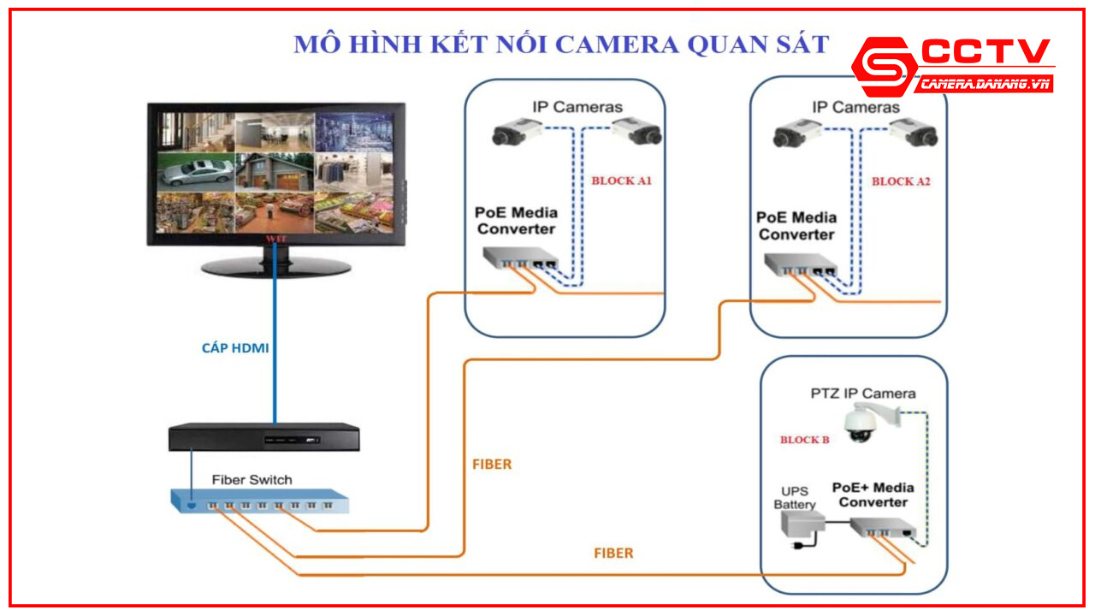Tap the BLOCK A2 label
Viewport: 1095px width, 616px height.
(x=901, y=181)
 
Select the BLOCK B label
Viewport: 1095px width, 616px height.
(x=804, y=440)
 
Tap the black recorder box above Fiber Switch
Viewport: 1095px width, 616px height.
(x=263, y=437)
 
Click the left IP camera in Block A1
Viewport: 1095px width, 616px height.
(x=516, y=133)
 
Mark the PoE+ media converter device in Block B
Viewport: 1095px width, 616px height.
(x=887, y=531)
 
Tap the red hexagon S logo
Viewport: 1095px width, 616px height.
(x=885, y=67)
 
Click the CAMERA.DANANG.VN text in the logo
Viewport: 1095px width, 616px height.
(x=984, y=85)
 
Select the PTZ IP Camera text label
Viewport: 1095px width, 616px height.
(x=863, y=394)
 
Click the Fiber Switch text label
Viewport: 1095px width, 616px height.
(x=252, y=480)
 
